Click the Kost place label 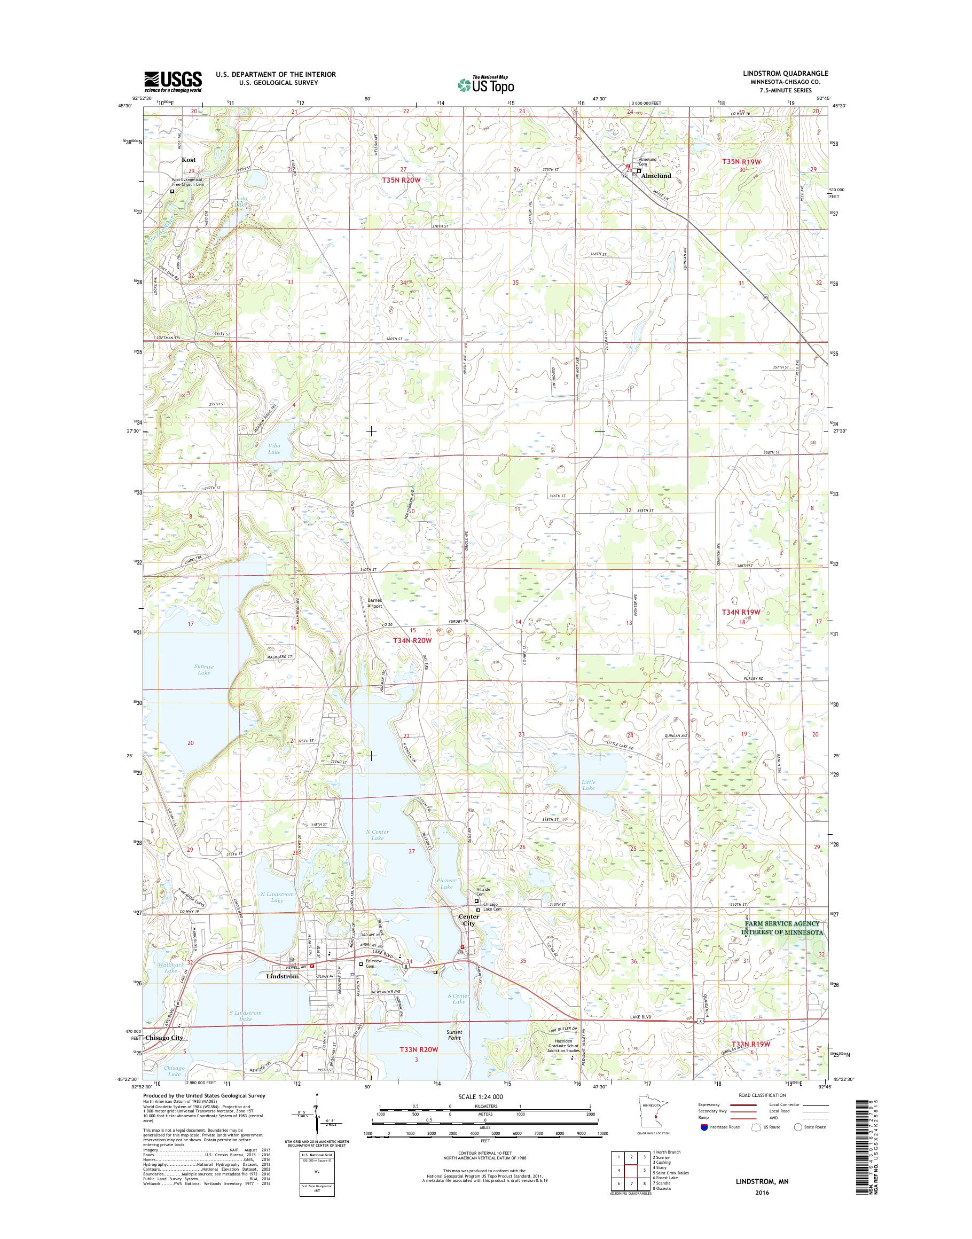189,160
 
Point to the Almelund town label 656,176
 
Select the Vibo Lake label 275,449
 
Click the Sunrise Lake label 203,669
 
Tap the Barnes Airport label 374,603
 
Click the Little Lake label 589,785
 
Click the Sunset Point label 454,1034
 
